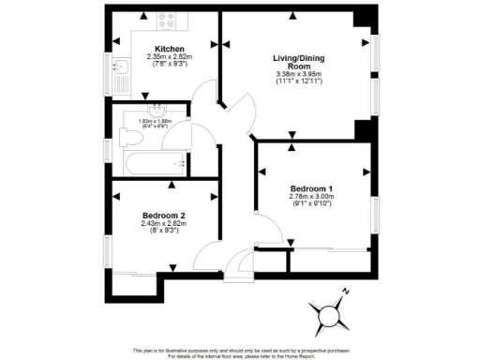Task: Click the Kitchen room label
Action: click(x=170, y=49)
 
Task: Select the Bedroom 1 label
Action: click(x=312, y=187)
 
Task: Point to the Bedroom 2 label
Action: click(x=164, y=214)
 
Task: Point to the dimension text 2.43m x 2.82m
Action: click(x=164, y=223)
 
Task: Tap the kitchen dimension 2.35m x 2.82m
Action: click(x=170, y=57)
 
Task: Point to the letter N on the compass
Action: click(x=346, y=292)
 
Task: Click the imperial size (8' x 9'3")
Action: click(x=164, y=231)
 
